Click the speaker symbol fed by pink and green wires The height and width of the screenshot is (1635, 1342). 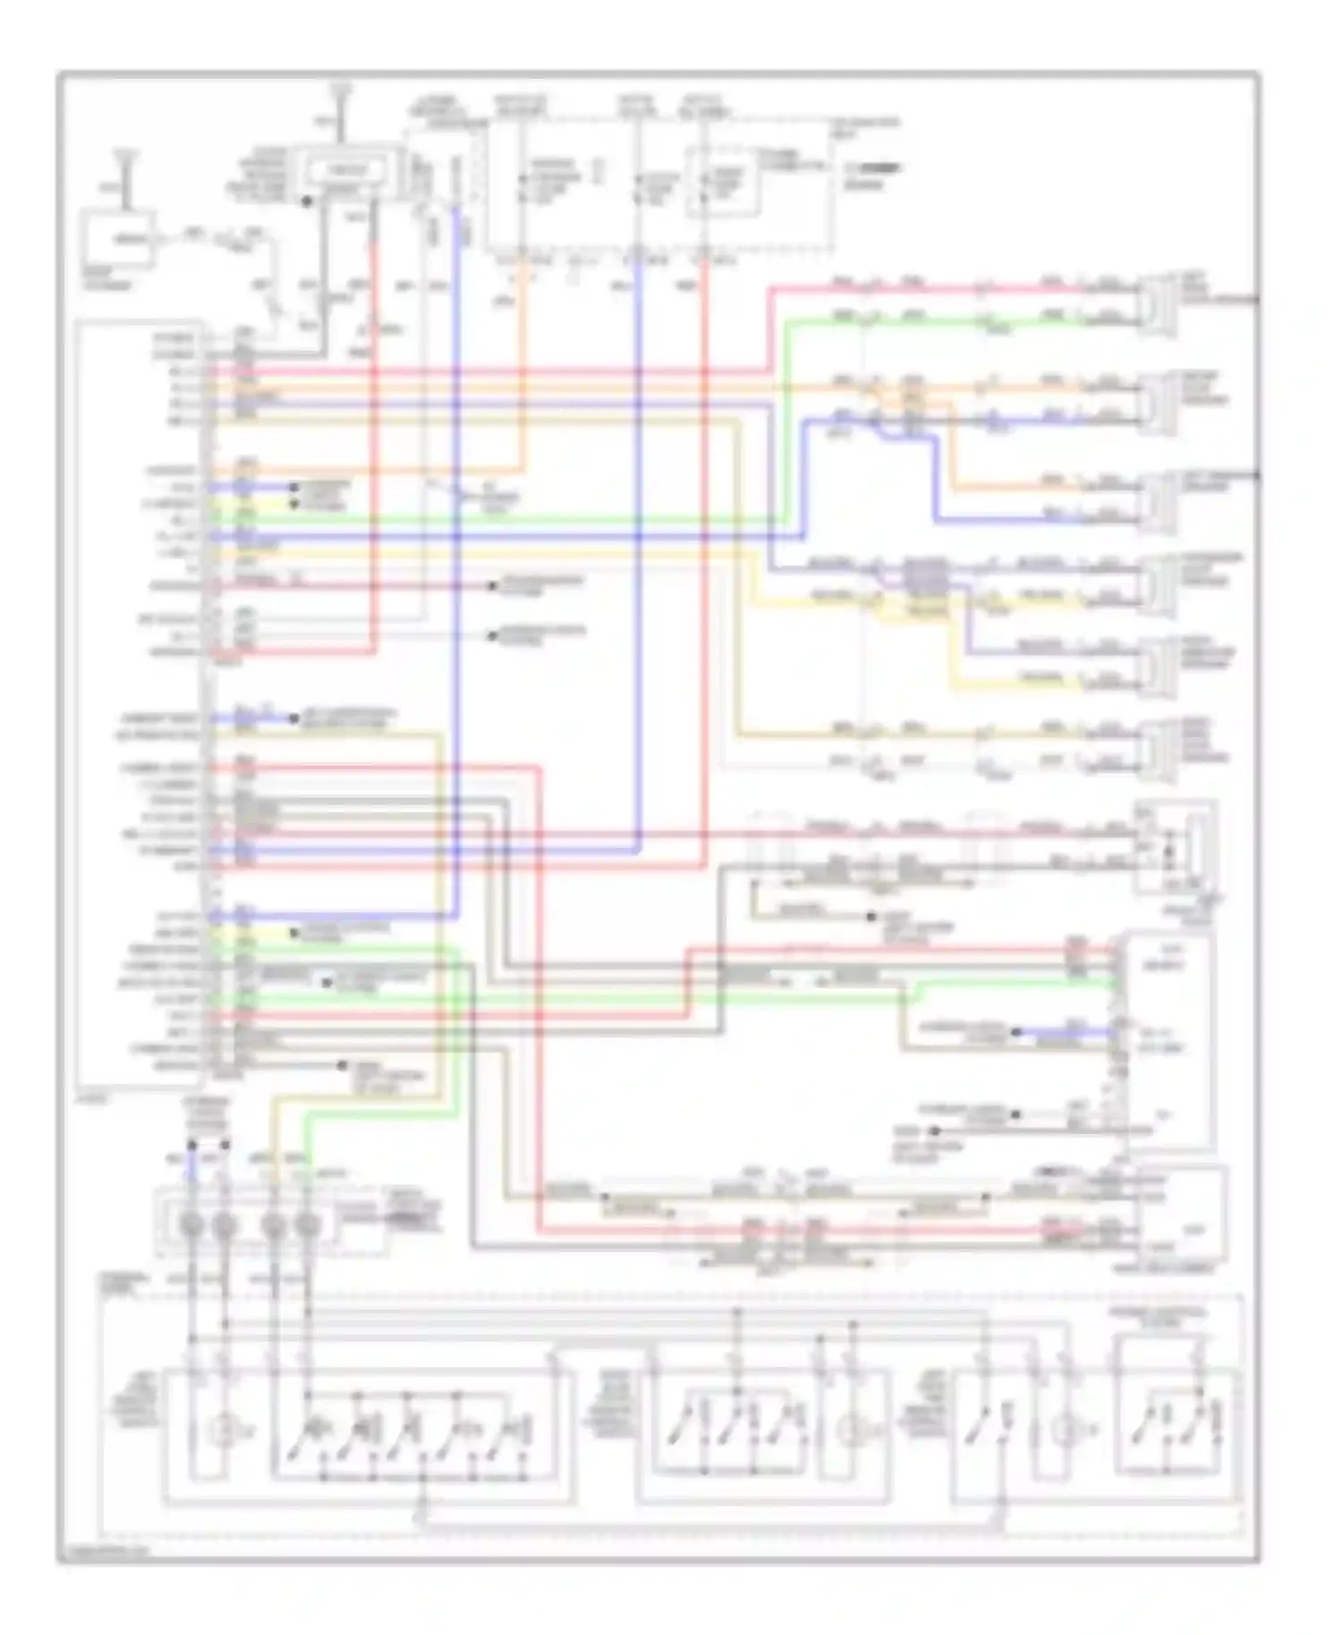[x=1159, y=304]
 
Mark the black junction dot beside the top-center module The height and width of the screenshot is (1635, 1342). [x=307, y=202]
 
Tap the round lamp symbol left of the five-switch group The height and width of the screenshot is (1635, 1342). [x=219, y=1431]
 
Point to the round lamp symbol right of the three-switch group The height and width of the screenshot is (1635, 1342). [x=850, y=1431]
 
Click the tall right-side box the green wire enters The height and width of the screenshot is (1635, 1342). [x=1168, y=1042]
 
